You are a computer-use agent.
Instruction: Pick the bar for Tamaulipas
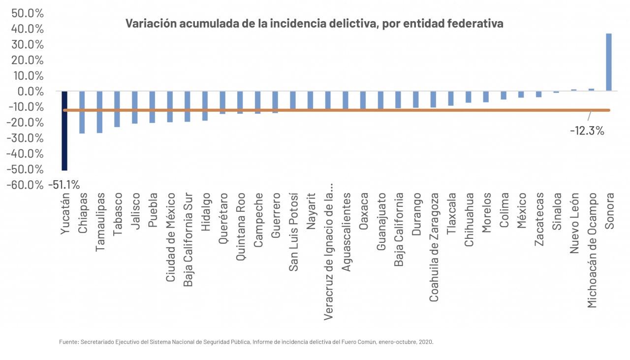tap(99, 112)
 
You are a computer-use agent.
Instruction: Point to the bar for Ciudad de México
tap(170, 106)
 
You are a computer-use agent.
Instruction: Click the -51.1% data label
tap(63, 185)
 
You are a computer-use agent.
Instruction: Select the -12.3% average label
tap(587, 131)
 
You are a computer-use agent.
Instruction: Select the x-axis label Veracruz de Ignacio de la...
tap(328, 251)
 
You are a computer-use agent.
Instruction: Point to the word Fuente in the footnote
tap(68, 341)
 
